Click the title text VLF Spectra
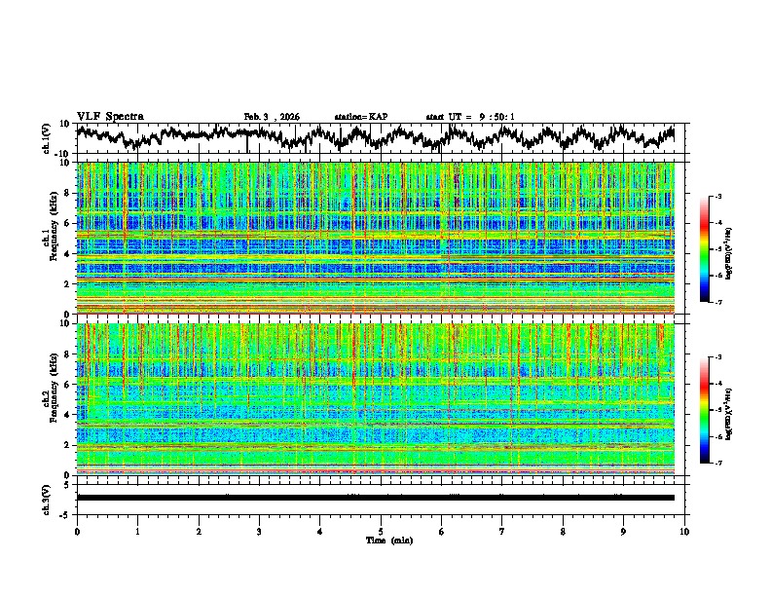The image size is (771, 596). [x=110, y=116]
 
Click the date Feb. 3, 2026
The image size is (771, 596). [x=272, y=117]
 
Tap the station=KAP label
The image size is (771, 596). [x=361, y=117]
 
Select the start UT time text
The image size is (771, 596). [x=470, y=117]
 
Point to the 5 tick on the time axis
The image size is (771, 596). [x=381, y=531]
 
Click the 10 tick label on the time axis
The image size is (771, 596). [x=684, y=531]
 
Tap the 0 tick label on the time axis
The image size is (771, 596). [x=77, y=531]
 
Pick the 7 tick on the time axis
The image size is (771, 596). [x=502, y=531]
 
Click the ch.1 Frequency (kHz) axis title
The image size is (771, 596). [x=50, y=238]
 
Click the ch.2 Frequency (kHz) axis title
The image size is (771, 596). [x=50, y=399]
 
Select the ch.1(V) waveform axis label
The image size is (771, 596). [x=46, y=138]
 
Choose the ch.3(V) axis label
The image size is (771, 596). [x=46, y=498]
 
